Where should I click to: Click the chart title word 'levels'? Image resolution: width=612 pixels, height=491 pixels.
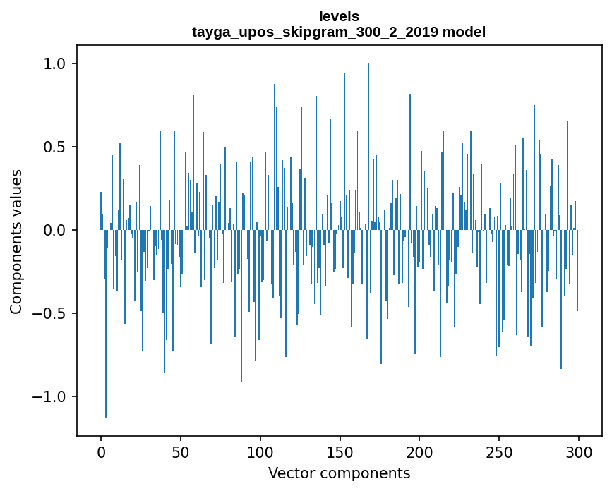point(339,16)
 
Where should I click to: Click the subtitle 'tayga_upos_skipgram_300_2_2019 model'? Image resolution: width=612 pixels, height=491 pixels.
point(339,32)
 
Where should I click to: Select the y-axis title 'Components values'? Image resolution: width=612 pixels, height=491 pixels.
point(16,241)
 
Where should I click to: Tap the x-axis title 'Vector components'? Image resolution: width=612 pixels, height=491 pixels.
point(339,473)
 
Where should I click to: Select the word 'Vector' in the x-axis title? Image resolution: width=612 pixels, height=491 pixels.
point(290,473)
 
